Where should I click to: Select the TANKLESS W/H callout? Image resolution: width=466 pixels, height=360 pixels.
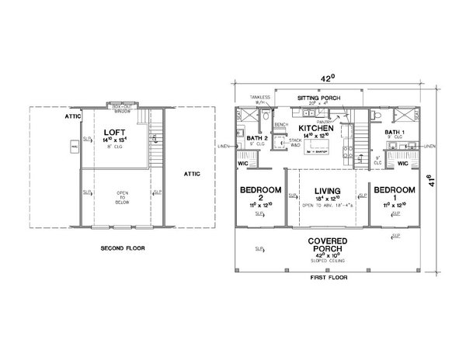coord(259,99)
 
